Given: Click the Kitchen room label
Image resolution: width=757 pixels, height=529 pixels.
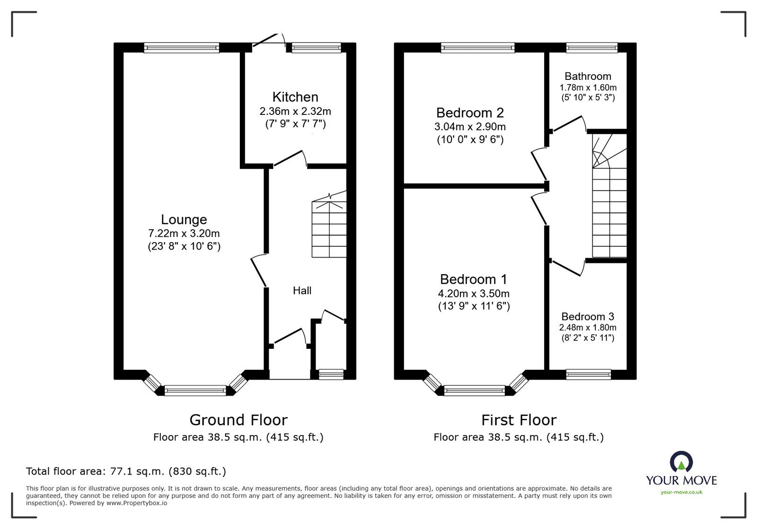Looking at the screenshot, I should tap(295, 97).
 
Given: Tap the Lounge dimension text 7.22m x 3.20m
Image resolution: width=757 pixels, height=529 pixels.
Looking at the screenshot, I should tap(184, 233).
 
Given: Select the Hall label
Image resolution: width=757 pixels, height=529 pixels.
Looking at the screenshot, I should tap(302, 290).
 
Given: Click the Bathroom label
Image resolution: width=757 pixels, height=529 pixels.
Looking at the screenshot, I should tap(588, 76).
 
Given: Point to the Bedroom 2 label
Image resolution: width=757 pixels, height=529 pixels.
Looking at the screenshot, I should tap(470, 113).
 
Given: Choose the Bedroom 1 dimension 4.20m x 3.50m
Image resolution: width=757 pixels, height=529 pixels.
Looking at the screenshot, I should tap(474, 294).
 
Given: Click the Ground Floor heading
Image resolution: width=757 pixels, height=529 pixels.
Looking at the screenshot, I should tap(238, 420).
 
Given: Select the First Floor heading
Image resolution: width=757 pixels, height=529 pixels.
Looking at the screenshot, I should tap(519, 420).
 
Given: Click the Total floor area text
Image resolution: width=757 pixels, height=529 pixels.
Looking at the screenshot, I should tap(126, 471).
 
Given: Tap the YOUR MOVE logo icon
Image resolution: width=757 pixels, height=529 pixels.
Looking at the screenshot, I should tap(681, 462).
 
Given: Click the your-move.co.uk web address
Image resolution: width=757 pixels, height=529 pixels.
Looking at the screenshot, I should tap(681, 492).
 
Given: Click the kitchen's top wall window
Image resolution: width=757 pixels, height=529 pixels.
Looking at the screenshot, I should tap(316, 47).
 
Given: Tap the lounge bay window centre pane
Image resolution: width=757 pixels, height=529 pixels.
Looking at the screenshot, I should tap(195, 390).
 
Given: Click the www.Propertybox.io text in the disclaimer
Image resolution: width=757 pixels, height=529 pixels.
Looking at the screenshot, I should tap(136, 503).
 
